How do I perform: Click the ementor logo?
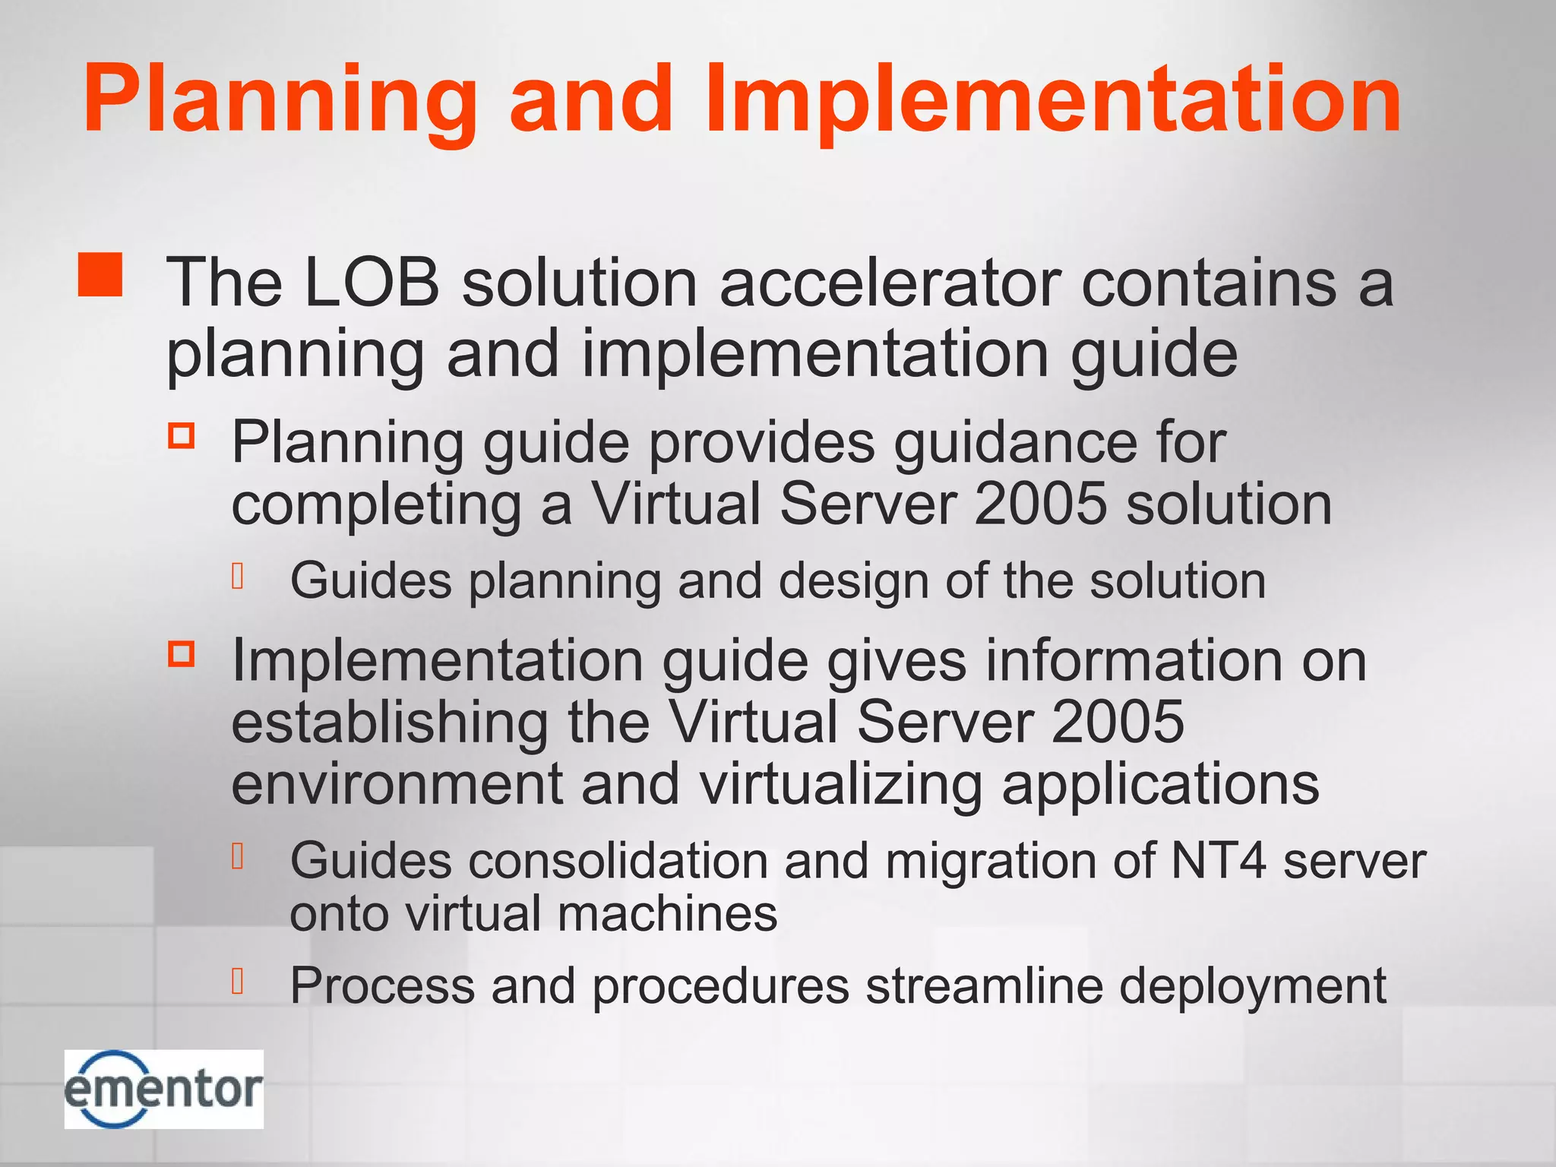pyautogui.click(x=163, y=1089)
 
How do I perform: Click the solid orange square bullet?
pyautogui.click(x=100, y=274)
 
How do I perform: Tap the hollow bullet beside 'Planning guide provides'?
pyautogui.click(x=182, y=436)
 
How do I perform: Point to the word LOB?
pyautogui.click(x=372, y=283)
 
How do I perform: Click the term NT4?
pyautogui.click(x=1218, y=862)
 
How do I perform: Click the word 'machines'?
pyautogui.click(x=668, y=913)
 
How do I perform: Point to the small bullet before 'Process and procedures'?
pyautogui.click(x=238, y=981)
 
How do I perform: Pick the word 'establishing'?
pyautogui.click(x=390, y=722)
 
